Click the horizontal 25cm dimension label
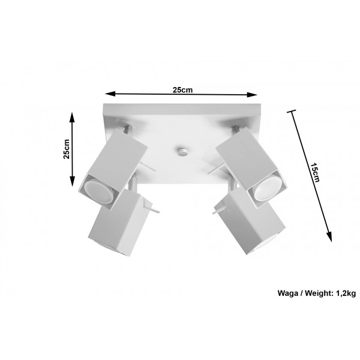pyautogui.click(x=182, y=90)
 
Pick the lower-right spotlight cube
pyautogui.click(x=247, y=226)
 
